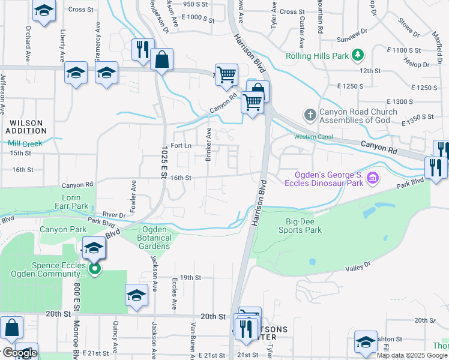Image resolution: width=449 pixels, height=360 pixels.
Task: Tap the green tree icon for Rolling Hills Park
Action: (358, 55)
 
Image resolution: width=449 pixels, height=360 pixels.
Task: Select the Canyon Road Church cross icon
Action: (310, 114)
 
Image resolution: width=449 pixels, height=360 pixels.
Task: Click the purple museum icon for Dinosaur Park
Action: (372, 178)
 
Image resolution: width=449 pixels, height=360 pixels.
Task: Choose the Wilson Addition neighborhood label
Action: (26, 127)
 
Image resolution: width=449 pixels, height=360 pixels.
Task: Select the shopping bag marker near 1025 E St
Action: (162, 59)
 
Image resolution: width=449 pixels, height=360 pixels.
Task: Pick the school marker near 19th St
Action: (137, 295)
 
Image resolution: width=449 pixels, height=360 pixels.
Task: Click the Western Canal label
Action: (313, 137)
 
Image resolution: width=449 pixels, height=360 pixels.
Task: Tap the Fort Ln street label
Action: (181, 146)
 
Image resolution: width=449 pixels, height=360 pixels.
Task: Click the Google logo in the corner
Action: (19, 353)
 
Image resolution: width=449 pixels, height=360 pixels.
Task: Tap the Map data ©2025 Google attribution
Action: (412, 355)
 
